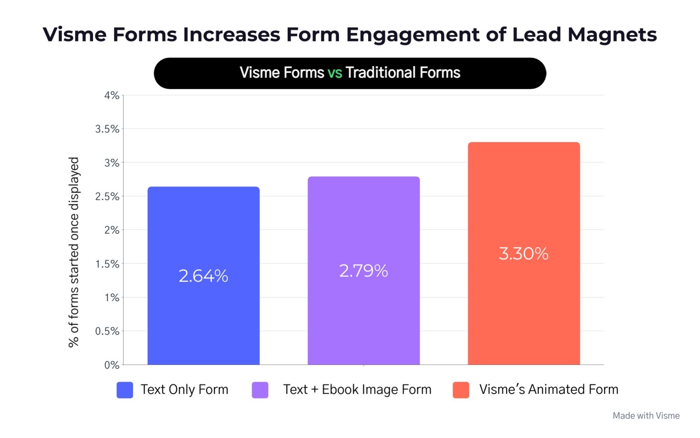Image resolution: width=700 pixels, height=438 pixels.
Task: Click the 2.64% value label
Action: click(x=203, y=276)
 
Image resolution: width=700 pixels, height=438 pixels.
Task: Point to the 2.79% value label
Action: click(x=363, y=271)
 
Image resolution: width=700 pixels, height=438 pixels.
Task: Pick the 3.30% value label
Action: click(x=524, y=254)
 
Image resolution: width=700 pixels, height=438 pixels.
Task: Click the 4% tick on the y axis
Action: click(x=112, y=95)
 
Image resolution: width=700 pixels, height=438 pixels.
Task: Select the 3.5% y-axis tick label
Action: click(x=107, y=129)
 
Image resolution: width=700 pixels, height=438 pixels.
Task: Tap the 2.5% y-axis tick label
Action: click(x=107, y=197)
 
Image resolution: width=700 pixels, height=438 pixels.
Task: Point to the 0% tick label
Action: click(x=112, y=365)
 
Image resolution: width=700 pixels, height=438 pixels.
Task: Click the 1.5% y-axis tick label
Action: click(x=107, y=264)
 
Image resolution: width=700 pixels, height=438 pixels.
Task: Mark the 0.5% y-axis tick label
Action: click(x=107, y=331)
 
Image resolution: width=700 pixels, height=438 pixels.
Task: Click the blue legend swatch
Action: click(x=125, y=390)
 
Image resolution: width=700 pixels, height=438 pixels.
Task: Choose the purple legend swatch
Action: click(x=260, y=390)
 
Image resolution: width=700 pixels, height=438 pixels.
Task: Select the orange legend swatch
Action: click(x=461, y=390)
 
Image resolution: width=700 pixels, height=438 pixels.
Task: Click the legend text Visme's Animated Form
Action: click(x=549, y=390)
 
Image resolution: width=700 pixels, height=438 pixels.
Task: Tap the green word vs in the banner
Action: click(x=335, y=73)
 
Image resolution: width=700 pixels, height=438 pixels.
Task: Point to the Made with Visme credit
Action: click(x=646, y=416)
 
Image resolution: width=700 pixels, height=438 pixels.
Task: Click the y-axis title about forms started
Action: click(x=74, y=252)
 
